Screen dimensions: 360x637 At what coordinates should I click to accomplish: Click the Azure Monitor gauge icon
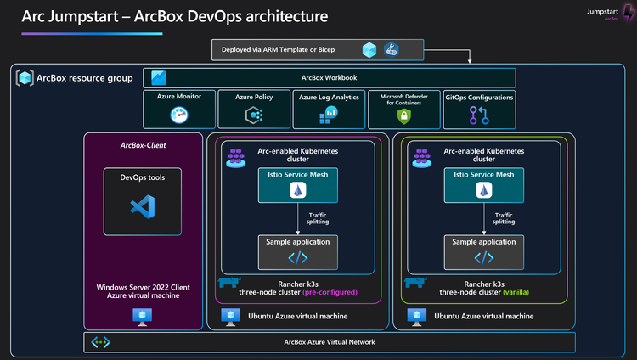(x=178, y=115)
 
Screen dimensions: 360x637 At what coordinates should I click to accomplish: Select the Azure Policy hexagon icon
(x=253, y=115)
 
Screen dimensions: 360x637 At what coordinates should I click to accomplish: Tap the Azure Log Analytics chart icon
(x=330, y=115)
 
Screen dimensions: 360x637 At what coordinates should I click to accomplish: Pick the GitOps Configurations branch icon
(x=479, y=115)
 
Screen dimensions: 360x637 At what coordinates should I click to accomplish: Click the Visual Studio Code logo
(x=142, y=206)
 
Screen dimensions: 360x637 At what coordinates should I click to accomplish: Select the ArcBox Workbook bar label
(x=329, y=78)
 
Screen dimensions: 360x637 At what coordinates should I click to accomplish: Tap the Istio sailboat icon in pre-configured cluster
(x=298, y=193)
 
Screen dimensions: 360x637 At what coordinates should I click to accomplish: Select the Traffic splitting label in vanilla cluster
(x=504, y=218)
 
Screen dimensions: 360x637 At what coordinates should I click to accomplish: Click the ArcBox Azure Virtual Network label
(x=329, y=342)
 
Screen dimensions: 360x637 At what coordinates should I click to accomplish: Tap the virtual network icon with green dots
(x=101, y=342)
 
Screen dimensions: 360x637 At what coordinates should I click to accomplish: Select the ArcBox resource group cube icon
(x=25, y=78)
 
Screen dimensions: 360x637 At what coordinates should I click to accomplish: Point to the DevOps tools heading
(x=142, y=178)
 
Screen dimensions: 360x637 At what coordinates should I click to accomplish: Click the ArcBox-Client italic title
(x=142, y=145)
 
